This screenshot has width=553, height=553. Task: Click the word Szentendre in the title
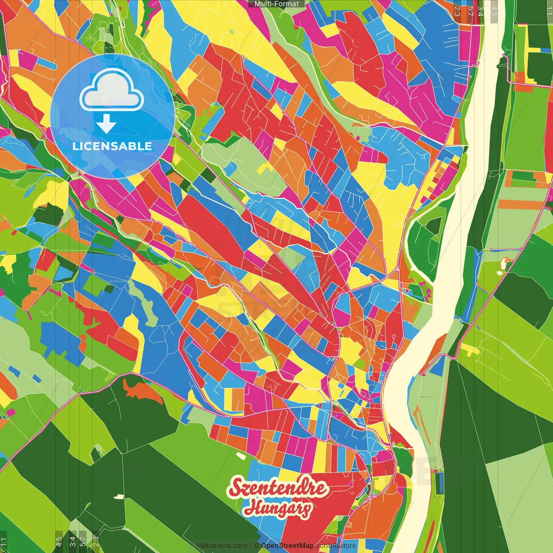277,487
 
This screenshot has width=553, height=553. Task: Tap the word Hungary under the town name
277,508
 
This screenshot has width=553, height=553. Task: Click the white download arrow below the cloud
106,124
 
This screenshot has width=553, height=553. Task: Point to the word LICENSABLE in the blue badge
112,146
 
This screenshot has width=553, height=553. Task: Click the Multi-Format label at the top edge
276,4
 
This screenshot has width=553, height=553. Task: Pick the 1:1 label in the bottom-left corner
4,542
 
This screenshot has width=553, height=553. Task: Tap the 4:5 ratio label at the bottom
59,542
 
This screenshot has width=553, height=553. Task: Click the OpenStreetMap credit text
287,546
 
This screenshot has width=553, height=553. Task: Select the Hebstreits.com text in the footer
222,546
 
